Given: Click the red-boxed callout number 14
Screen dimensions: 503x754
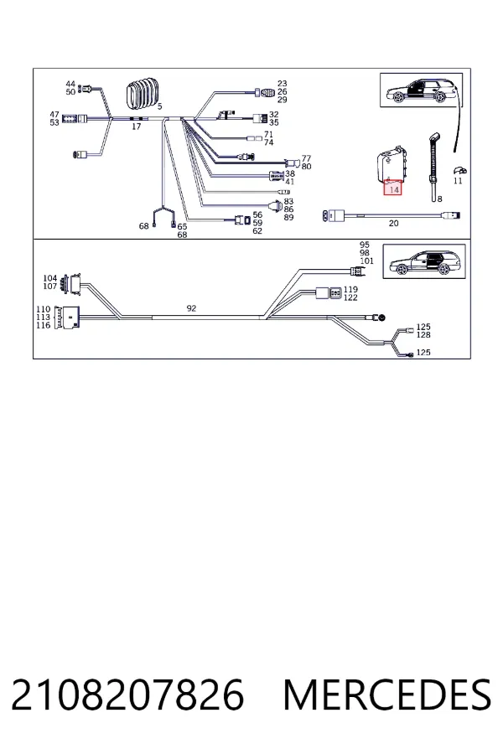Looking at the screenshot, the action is click(x=394, y=189).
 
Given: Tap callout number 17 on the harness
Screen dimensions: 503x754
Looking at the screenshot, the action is click(x=136, y=127).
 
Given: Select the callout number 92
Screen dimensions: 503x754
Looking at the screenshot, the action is click(x=192, y=308).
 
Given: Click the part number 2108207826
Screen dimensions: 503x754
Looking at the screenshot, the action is click(x=127, y=695).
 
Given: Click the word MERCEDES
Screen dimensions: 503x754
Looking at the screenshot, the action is click(x=387, y=695).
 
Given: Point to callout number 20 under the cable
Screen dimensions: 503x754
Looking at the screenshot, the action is click(x=394, y=223).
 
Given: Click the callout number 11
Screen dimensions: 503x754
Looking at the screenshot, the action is click(x=458, y=181).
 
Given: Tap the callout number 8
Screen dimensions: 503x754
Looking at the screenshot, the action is click(x=439, y=199).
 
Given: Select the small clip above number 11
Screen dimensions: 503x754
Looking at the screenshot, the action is click(x=459, y=170).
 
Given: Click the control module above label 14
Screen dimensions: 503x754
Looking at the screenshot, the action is click(x=393, y=165).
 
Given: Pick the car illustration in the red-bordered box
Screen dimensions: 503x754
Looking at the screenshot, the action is click(x=424, y=262).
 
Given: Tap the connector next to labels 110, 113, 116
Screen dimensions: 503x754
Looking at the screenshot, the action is click(x=66, y=317).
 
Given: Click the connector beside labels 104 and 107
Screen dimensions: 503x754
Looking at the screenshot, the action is click(x=75, y=284).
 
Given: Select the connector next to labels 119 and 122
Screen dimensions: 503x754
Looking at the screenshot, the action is click(x=329, y=292).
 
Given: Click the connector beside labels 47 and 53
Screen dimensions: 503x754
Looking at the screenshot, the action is click(x=75, y=119).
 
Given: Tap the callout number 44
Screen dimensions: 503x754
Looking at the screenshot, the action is click(x=70, y=84).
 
